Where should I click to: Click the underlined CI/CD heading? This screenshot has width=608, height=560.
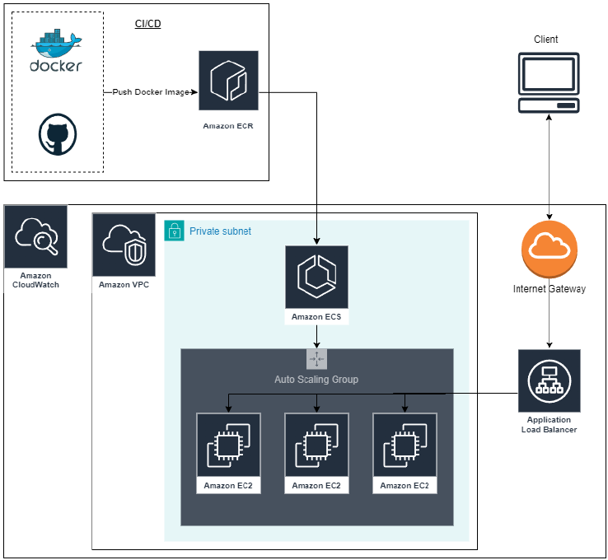coord(147,24)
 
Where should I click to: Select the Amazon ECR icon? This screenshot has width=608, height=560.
coord(228,81)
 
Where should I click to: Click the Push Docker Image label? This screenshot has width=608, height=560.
coord(151,92)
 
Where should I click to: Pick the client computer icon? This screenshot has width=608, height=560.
coord(548,82)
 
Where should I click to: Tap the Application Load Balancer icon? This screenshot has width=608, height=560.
coord(550,380)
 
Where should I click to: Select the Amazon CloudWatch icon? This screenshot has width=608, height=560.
coord(35,236)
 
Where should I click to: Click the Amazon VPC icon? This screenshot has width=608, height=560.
coord(124,245)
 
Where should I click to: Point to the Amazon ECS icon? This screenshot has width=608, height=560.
coord(317,276)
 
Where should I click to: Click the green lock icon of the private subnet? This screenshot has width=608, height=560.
coord(175,231)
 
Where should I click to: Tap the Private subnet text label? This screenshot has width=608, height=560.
coord(220,231)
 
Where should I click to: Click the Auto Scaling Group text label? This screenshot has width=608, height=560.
coord(316,380)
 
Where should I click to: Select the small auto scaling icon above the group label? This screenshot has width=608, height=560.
coord(317,359)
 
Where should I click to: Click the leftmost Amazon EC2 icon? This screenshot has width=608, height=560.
coord(228,445)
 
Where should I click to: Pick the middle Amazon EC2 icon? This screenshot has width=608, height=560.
coord(316,445)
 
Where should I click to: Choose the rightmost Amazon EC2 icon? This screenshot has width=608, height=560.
coord(405,445)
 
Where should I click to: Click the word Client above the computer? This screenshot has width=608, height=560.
coord(546,40)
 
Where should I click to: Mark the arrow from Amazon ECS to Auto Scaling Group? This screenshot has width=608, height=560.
coord(317,337)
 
